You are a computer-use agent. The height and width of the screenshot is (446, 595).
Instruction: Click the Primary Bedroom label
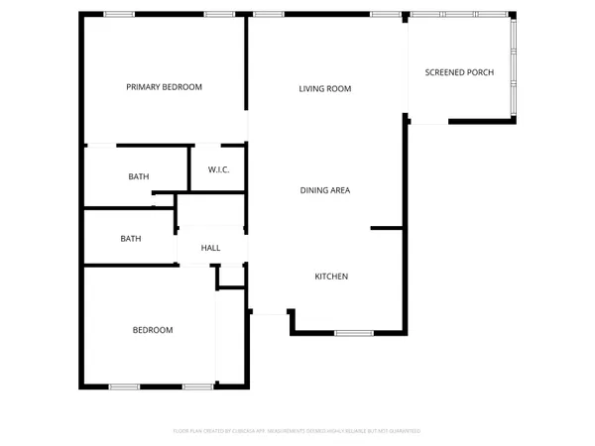coord(164,87)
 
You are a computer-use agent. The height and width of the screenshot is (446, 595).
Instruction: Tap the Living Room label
coord(325,89)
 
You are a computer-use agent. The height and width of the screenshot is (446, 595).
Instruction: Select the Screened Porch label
coord(458,72)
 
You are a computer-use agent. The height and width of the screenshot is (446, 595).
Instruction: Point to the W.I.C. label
coord(219,170)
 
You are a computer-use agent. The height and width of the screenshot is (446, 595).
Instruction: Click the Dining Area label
coord(325,190)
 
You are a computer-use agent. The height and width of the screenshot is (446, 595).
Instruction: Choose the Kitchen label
coord(331,277)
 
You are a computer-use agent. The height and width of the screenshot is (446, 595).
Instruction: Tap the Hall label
coord(210,248)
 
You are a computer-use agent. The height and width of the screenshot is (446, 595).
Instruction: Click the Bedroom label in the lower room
coord(153,330)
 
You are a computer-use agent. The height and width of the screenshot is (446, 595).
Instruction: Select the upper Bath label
coord(139,177)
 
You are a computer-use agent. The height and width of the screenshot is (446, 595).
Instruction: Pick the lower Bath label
coord(131,239)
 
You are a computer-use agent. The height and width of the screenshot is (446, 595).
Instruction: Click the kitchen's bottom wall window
coord(353,333)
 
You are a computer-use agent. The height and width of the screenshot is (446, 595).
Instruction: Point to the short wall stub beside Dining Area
coord(387,229)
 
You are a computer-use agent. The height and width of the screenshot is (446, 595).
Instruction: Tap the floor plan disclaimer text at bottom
coord(297,431)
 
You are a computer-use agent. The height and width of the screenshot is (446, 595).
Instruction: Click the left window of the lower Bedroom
coord(124,386)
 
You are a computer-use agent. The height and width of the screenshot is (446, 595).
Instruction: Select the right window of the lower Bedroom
coord(198,386)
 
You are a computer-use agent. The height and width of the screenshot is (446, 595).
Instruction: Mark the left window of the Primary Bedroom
coord(119,14)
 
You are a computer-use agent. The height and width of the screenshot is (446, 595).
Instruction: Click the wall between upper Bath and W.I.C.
coord(188,167)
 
